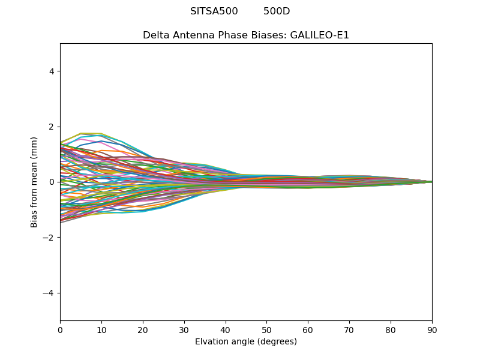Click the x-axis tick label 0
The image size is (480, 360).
pos(60,329)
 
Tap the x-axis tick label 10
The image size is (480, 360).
pos(101,329)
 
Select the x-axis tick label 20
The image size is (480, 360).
pos(143,329)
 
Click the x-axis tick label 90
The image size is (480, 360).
pos(432,329)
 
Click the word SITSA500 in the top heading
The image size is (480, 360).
pos(214,11)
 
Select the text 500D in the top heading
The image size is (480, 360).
pos(277,11)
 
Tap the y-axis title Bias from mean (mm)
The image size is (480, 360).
pos(35,182)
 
